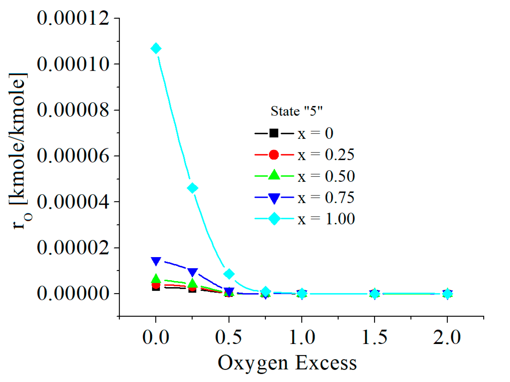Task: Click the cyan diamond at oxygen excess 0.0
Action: click(x=156, y=48)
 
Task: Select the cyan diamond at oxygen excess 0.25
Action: click(x=192, y=188)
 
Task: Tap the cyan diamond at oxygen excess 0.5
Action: click(x=229, y=274)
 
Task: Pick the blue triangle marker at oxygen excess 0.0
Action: click(x=156, y=261)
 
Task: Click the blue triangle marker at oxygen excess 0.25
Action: click(x=192, y=272)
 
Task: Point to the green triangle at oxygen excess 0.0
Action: click(x=156, y=279)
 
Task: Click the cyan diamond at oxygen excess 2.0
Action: click(x=448, y=294)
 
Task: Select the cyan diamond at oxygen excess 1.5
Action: click(x=375, y=294)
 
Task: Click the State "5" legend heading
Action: click(x=297, y=111)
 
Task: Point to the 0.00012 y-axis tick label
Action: click(x=73, y=18)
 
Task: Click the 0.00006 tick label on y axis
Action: click(x=73, y=156)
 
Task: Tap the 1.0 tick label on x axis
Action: click(x=302, y=337)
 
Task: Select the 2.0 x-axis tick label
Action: click(x=447, y=337)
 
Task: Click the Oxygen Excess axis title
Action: click(x=287, y=363)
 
